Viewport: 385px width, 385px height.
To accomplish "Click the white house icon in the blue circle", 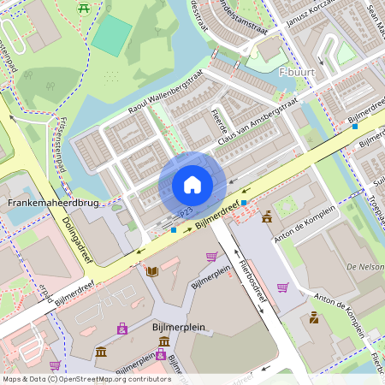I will (x=192, y=185).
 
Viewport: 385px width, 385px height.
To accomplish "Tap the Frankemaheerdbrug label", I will (x=53, y=204).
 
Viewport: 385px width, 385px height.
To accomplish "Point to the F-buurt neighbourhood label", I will (x=297, y=73).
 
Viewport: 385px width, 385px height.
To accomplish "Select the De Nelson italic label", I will (x=364, y=268).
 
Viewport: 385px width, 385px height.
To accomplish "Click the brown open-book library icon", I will (x=152, y=272).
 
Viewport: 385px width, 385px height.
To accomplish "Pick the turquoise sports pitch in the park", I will (x=112, y=35).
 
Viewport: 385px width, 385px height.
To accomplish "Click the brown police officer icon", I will (x=314, y=318).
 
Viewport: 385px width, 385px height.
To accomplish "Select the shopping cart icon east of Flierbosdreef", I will (x=282, y=287).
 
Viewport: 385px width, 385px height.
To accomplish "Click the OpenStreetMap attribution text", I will (x=86, y=378).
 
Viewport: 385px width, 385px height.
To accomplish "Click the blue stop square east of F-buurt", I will (x=354, y=127).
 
